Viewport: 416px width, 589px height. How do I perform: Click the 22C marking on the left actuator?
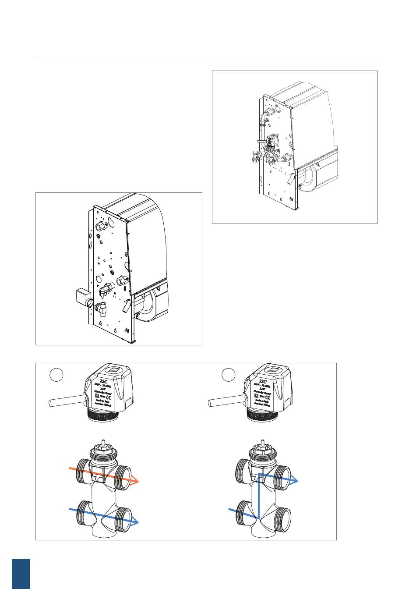[x=103, y=382]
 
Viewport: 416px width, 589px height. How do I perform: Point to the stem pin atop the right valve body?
[x=263, y=443]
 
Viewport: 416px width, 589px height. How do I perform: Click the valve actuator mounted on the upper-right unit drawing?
[x=273, y=141]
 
